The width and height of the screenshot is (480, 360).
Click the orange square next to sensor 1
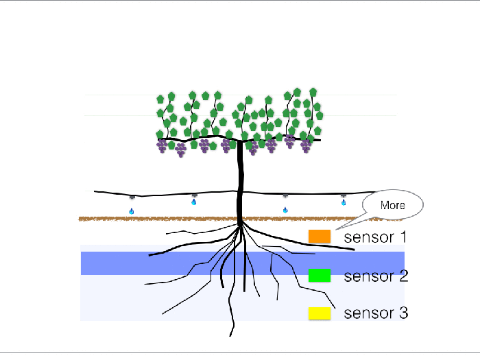(x=320, y=237)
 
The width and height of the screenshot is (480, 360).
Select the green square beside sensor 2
(x=320, y=275)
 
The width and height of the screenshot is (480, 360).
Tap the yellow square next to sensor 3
(x=320, y=313)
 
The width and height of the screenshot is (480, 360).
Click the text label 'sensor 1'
(x=375, y=237)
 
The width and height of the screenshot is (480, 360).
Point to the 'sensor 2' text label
(x=376, y=276)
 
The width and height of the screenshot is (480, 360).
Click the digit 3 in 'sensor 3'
(x=403, y=313)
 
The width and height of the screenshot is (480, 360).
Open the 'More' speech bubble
(x=393, y=205)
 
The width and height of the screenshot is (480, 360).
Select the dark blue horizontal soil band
(x=243, y=263)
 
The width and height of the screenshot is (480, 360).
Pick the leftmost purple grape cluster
(x=162, y=145)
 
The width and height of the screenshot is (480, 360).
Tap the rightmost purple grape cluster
(x=306, y=145)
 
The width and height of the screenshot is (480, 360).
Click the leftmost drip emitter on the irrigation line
(x=132, y=197)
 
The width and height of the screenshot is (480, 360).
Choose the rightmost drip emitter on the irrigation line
(x=344, y=195)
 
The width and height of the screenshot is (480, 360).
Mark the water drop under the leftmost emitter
(x=132, y=211)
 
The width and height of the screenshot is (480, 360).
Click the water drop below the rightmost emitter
(x=344, y=202)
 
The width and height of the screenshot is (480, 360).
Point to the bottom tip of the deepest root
(x=230, y=336)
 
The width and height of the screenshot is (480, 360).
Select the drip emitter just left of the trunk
(x=194, y=195)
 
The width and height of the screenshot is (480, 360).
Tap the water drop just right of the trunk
(x=285, y=210)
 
